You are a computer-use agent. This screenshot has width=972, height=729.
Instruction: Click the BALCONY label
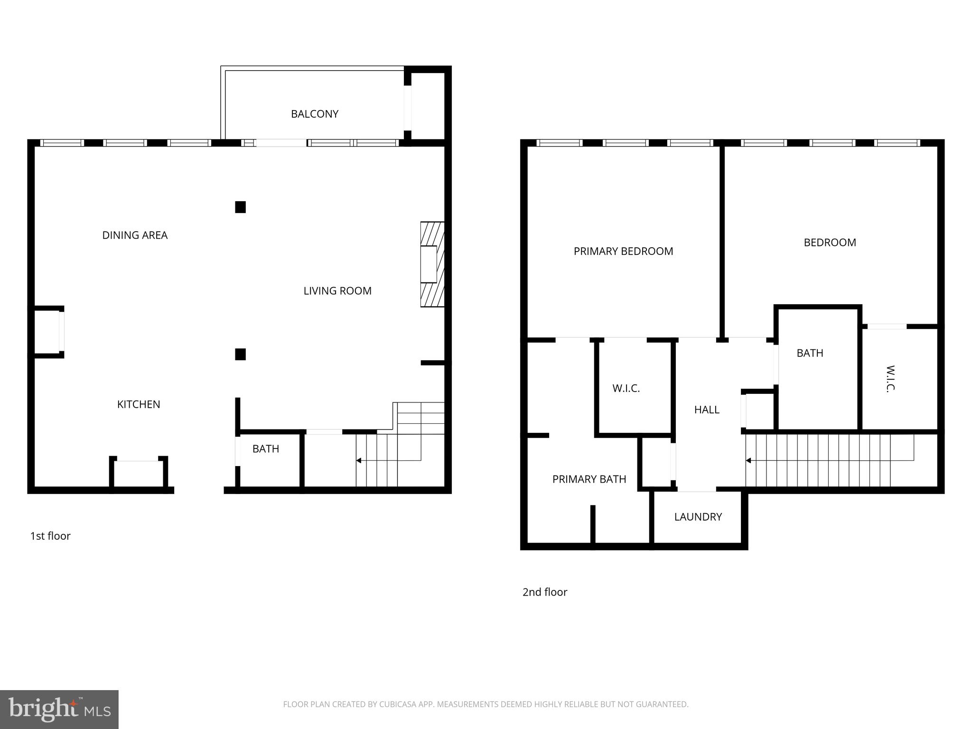pyautogui.click(x=314, y=114)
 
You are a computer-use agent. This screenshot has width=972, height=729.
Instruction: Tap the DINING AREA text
pyautogui.click(x=135, y=235)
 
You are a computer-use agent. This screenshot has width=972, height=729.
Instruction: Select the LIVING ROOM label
pyautogui.click(x=337, y=290)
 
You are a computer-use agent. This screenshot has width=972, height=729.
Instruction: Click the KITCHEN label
pyautogui.click(x=139, y=404)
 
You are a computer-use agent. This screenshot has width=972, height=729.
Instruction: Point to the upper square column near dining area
pyautogui.click(x=241, y=207)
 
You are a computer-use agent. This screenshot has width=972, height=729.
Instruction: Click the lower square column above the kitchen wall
pyautogui.click(x=241, y=354)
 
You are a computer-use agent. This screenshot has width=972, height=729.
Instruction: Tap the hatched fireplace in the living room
pyautogui.click(x=432, y=264)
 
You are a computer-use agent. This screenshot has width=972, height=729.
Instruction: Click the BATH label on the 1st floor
pyautogui.click(x=266, y=449)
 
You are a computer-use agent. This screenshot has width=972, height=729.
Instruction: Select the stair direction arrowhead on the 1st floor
pyautogui.click(x=359, y=460)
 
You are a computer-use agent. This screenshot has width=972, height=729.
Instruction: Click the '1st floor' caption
pyautogui.click(x=50, y=536)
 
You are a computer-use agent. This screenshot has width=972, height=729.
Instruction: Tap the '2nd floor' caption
pyautogui.click(x=545, y=592)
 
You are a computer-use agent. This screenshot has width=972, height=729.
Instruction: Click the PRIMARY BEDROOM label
pyautogui.click(x=623, y=251)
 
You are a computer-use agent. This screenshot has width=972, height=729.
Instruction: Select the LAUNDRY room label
pyautogui.click(x=698, y=517)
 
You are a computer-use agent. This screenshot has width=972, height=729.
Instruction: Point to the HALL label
pyautogui.click(x=707, y=410)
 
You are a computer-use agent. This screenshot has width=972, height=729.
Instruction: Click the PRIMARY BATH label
pyautogui.click(x=589, y=479)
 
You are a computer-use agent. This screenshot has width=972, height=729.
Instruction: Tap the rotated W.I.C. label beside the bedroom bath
pyautogui.click(x=890, y=379)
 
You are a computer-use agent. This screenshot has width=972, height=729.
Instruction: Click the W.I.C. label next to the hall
pyautogui.click(x=626, y=389)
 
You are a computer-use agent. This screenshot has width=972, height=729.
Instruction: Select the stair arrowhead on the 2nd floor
pyautogui.click(x=748, y=460)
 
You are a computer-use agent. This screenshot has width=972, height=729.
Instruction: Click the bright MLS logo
pyautogui.click(x=59, y=710)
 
